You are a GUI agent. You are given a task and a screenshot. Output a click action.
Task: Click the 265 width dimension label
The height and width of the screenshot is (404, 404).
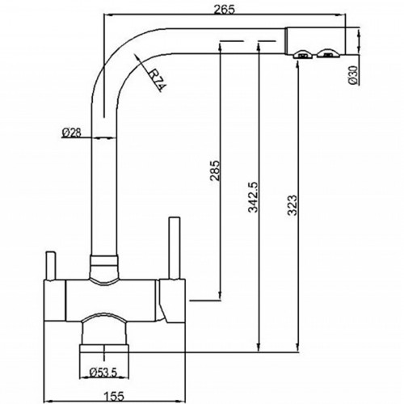224,10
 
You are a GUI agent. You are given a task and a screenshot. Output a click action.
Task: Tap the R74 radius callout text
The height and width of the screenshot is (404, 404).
158,80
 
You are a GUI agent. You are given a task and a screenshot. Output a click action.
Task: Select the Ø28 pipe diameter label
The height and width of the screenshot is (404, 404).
72,133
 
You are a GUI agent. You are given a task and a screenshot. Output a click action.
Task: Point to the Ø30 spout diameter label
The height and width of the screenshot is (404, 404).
354,74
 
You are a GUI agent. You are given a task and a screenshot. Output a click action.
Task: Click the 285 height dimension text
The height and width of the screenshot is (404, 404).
216,170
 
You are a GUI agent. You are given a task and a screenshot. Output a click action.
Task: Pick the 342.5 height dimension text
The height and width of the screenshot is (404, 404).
253,197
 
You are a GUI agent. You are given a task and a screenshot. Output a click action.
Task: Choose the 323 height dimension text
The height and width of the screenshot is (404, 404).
292,205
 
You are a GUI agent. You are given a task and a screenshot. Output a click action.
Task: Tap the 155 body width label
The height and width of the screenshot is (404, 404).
114,396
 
